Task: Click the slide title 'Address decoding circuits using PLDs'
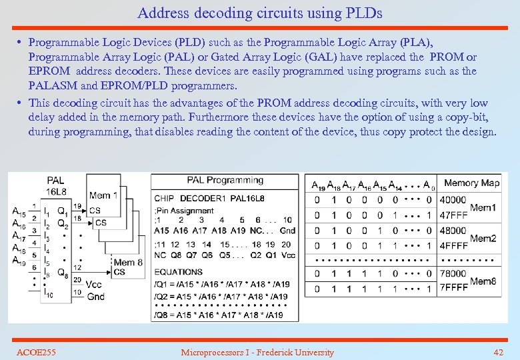coord(260,13)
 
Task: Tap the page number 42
coord(498,352)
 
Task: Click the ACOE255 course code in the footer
coord(36,352)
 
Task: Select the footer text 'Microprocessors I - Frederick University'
coord(257,352)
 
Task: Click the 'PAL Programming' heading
coord(225,180)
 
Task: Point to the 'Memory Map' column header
coord(471,183)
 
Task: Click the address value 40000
coord(453,200)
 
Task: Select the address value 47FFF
coord(453,215)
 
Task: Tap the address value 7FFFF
coord(453,288)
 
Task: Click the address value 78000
coord(453,273)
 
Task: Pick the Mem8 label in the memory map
coord(483,281)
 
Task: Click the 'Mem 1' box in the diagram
coord(103,195)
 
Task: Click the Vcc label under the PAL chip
coord(95,284)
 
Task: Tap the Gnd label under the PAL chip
coord(95,295)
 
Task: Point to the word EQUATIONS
coord(178,272)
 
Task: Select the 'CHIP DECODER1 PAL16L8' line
coord(209,198)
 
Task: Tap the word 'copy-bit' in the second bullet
coord(468,117)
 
